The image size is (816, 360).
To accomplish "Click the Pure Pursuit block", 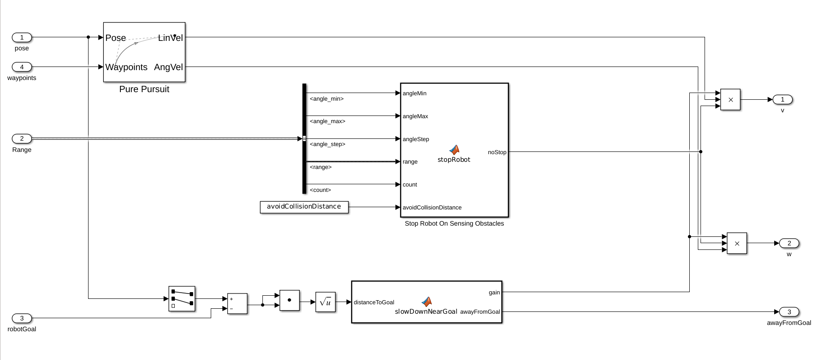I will coord(144,52).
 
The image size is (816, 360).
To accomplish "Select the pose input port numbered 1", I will coord(22,37).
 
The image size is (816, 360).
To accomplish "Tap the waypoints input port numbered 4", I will coord(22,67).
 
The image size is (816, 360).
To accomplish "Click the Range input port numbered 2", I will coord(22,138).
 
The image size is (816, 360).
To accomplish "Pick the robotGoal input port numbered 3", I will coord(22,318).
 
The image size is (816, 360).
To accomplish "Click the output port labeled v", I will coord(782,99).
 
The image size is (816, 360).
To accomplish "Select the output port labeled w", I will coord(789,243).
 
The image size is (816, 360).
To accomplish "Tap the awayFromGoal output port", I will coord(789,312).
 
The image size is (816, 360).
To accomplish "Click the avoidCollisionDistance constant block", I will coord(304,207).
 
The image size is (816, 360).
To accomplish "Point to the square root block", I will coord(325,302).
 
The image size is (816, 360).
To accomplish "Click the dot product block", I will coord(289,300).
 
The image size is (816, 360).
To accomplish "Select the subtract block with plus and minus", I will coord(237,304).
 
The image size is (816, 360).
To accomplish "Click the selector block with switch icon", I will coord(182,299).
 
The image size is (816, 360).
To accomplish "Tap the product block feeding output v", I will coord(730,100).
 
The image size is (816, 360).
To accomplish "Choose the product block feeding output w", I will coord(737,243).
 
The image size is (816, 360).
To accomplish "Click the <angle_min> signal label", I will coord(327,99).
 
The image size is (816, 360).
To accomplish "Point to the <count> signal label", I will coord(320,190).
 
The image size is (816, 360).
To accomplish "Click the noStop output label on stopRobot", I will coord(497,152).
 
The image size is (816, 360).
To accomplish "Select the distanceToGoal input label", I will coord(374,302).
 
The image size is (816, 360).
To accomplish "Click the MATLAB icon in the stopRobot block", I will coord(454,150).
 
